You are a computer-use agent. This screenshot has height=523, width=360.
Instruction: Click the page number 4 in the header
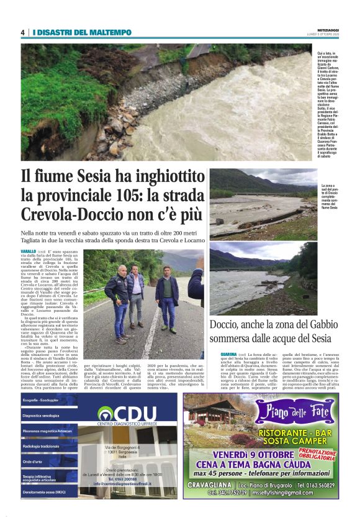click(x=22, y=32)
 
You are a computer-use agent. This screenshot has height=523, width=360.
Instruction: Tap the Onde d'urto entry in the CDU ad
click(x=32, y=462)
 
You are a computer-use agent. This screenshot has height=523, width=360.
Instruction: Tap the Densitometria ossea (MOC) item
click(x=43, y=492)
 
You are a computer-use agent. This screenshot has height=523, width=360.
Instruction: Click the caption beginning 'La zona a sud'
click(x=331, y=198)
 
